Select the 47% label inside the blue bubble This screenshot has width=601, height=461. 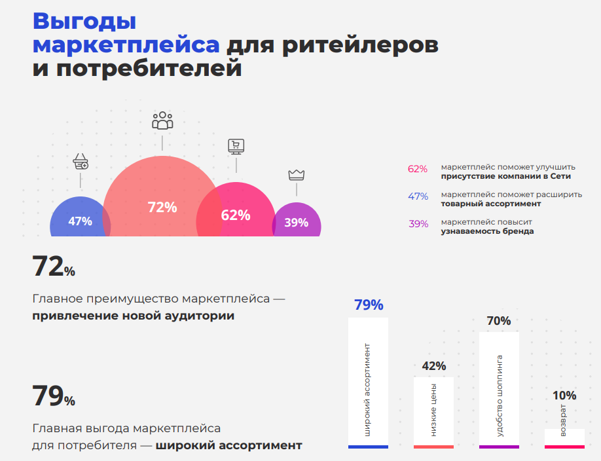[80, 221]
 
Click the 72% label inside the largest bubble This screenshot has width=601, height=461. [162, 208]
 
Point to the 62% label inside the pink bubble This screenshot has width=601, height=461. [236, 215]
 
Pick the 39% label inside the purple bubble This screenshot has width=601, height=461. [296, 223]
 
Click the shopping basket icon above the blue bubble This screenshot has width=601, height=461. [81, 161]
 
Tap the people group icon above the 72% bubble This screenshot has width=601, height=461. [162, 120]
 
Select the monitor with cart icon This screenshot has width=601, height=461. [236, 146]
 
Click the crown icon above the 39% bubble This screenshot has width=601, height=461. [297, 175]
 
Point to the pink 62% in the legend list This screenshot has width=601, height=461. [418, 169]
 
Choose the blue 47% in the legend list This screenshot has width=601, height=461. [418, 196]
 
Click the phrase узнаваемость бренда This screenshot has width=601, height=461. [487, 231]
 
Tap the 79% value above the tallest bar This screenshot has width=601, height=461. [369, 305]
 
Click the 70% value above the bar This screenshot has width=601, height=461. [499, 321]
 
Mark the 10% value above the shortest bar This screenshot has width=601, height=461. [564, 396]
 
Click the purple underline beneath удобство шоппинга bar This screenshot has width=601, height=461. [499, 447]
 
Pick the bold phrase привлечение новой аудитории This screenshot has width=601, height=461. [134, 316]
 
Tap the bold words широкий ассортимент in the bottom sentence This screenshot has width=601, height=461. [229, 445]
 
